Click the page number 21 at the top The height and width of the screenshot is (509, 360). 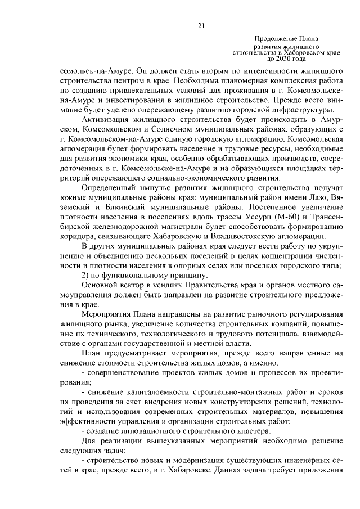(x=201, y=25)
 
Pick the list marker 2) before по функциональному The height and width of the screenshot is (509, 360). (x=86, y=275)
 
